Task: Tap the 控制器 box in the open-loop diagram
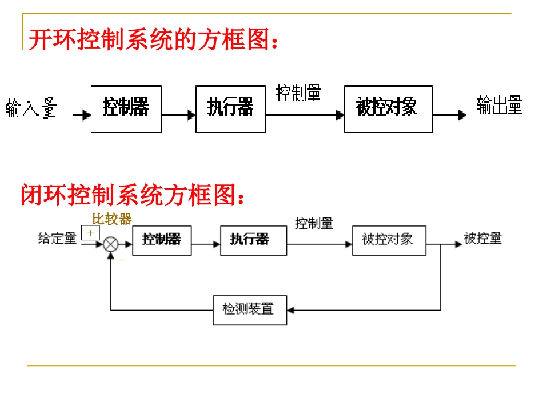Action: [x=126, y=108]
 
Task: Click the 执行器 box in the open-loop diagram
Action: [x=230, y=108]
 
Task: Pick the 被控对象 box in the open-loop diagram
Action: [x=388, y=108]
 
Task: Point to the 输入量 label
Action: [x=31, y=108]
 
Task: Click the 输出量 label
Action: [x=499, y=106]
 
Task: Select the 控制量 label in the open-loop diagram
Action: [x=298, y=92]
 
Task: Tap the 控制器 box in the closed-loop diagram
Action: [x=162, y=240]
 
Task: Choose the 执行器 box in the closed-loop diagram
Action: [x=253, y=240]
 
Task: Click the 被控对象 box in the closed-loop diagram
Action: [x=389, y=240]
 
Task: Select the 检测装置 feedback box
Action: [x=250, y=310]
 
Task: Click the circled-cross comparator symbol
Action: [x=110, y=245]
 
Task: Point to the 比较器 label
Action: [x=112, y=219]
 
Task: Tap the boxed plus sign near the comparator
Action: [x=90, y=233]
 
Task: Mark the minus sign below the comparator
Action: [x=122, y=260]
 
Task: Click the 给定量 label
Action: [x=57, y=239]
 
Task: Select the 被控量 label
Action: [x=482, y=239]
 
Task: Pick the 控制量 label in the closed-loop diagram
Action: [x=314, y=224]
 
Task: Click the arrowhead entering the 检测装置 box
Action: [x=290, y=310]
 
